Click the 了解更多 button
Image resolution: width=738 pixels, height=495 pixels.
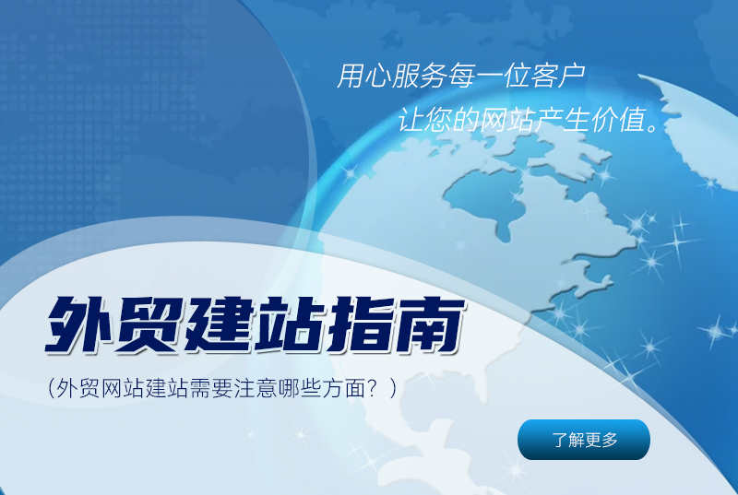click(x=584, y=440)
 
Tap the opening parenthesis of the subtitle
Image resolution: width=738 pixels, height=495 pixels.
click(x=51, y=387)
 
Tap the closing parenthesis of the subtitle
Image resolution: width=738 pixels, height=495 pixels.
click(x=394, y=387)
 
